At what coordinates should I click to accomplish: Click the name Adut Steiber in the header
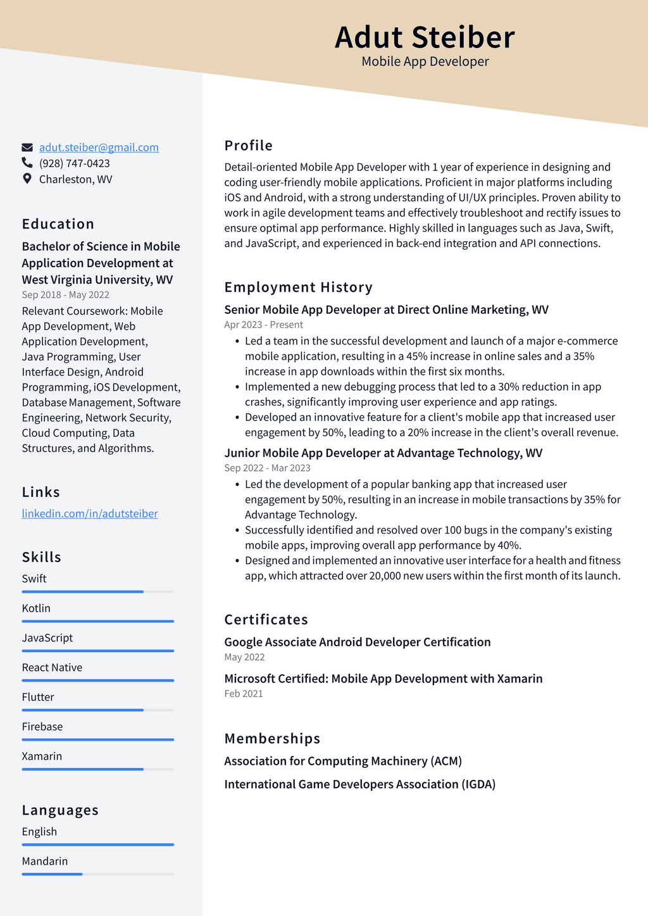tap(425, 37)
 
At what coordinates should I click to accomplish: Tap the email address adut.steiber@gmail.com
tap(99, 147)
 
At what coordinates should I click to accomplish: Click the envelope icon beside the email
tap(27, 147)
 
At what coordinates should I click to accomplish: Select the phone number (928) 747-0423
tap(74, 163)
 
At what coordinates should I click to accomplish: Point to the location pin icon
tap(27, 179)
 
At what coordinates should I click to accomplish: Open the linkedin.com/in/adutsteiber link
tap(90, 513)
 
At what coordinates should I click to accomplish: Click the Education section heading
tap(58, 224)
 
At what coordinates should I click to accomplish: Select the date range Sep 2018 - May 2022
tap(65, 295)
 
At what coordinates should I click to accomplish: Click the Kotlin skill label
tap(36, 608)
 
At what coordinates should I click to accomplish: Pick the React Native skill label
tap(52, 668)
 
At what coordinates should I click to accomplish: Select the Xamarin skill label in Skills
tap(42, 756)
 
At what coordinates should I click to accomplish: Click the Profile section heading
tap(249, 146)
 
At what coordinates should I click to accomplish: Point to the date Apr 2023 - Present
tap(263, 325)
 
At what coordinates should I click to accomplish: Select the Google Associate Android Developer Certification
tap(358, 642)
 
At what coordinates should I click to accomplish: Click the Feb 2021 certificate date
tap(244, 694)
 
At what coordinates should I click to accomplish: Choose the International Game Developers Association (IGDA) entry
tap(359, 784)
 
